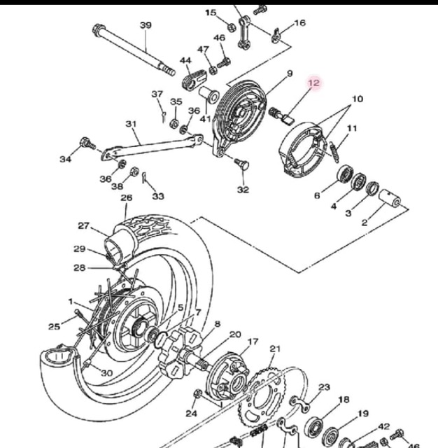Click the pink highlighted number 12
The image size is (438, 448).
(313, 83)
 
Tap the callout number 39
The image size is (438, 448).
(146, 25)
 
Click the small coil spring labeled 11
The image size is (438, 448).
(334, 152)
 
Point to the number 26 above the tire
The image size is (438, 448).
(127, 197)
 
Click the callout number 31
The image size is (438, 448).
(131, 124)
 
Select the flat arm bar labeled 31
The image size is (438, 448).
(152, 148)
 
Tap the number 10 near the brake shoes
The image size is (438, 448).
(358, 99)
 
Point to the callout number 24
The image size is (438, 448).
(191, 413)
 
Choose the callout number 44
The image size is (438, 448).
(185, 61)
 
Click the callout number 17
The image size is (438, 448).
(253, 342)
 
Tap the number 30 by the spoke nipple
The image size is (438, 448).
(107, 373)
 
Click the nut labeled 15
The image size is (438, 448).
(232, 27)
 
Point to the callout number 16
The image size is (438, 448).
(299, 22)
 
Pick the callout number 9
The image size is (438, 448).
(290, 73)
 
